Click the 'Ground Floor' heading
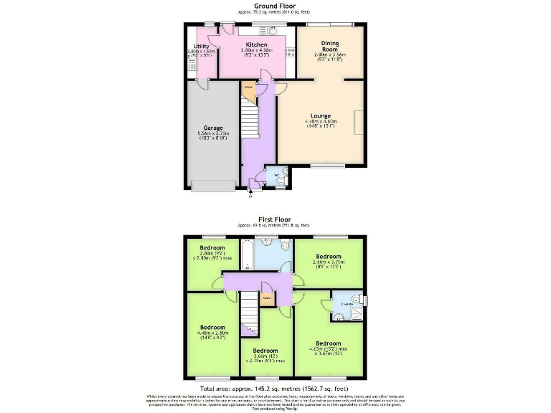pos(275,6)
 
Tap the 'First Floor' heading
pos(275,221)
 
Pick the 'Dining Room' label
pos(331,44)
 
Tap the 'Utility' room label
pos(202,46)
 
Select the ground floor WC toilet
pos(280,182)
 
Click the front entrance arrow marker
pos(250,191)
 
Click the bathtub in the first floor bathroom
pos(246,255)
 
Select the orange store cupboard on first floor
pos(266,298)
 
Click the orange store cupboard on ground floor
pos(248,91)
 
